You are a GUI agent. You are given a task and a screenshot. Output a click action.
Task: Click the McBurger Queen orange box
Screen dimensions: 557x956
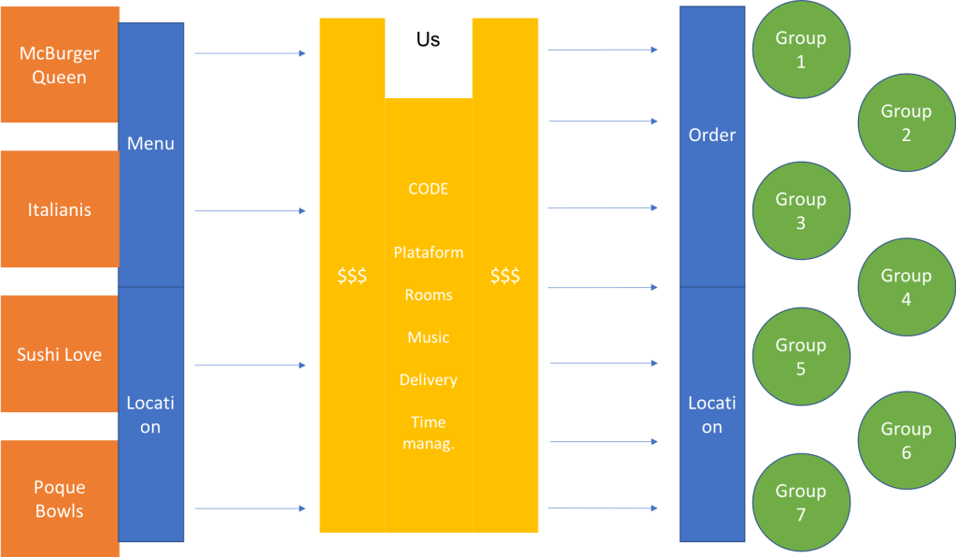(60, 64)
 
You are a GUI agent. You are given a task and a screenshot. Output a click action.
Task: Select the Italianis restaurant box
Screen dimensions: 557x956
(60, 209)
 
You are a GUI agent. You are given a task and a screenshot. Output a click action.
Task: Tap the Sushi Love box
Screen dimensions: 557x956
(60, 354)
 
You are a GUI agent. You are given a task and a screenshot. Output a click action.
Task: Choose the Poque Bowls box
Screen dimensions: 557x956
(60, 499)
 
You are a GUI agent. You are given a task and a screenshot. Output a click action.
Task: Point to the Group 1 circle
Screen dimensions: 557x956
(801, 50)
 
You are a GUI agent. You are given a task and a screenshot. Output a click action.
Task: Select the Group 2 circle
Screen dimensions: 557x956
(907, 122)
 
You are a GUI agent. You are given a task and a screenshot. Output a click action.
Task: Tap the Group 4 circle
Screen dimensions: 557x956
(907, 287)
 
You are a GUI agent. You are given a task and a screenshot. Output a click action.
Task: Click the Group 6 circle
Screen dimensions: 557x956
(907, 440)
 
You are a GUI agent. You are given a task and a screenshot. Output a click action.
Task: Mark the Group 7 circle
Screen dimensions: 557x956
(801, 503)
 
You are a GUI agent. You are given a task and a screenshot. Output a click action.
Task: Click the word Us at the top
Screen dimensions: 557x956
(429, 40)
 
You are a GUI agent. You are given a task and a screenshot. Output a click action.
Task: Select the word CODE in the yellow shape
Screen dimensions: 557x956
(429, 189)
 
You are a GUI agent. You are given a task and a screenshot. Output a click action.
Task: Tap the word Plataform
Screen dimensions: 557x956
(429, 252)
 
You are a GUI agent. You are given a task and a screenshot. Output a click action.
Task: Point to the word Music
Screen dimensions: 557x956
(429, 337)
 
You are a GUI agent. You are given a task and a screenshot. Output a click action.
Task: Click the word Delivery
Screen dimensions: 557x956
(429, 379)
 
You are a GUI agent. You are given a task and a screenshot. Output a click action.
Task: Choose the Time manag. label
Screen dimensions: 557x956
(429, 433)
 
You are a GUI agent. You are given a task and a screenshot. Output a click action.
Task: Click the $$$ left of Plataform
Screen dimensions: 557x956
(352, 277)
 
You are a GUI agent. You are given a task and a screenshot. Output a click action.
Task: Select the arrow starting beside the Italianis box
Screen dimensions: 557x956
(250, 211)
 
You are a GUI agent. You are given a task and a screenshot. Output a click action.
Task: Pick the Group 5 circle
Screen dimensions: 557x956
(801, 357)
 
